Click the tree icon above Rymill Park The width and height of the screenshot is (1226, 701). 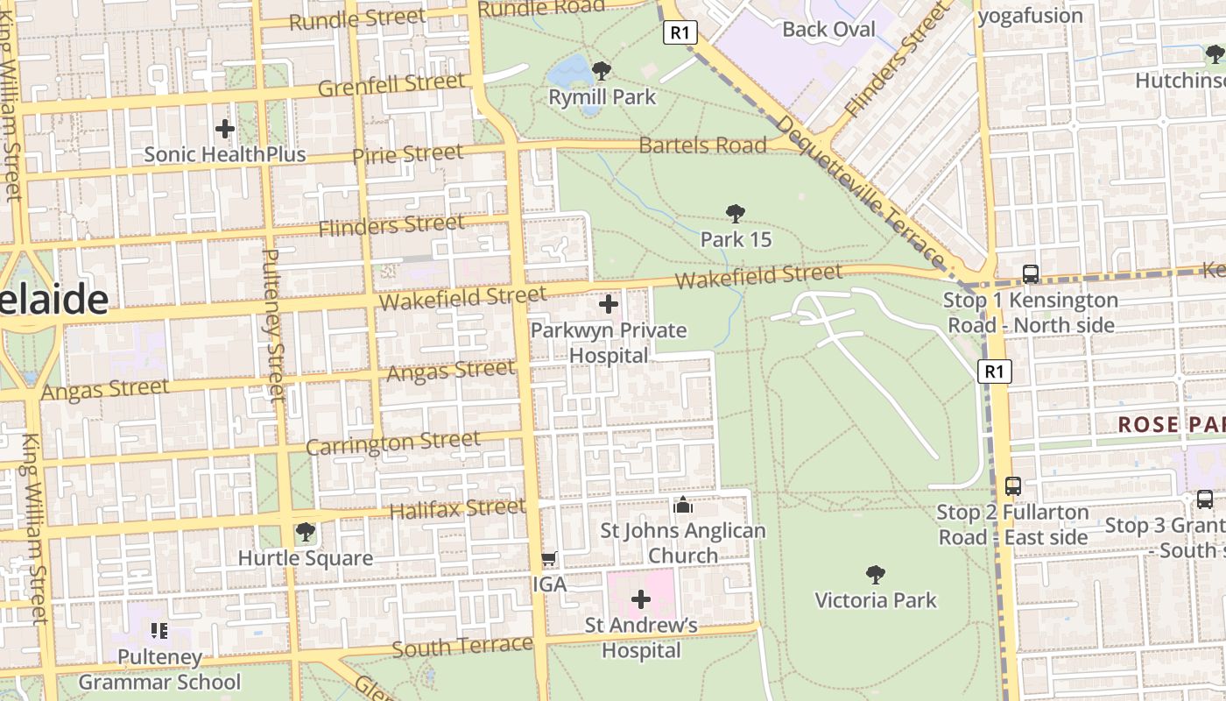(601, 71)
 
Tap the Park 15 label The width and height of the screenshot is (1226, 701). (736, 239)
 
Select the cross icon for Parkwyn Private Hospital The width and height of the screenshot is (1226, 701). (609, 305)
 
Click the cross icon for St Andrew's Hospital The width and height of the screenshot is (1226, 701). (641, 599)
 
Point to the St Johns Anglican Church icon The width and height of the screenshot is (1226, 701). (682, 506)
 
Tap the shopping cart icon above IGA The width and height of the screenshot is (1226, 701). (549, 558)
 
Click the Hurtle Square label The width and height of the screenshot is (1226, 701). (306, 558)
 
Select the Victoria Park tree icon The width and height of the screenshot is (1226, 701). (874, 575)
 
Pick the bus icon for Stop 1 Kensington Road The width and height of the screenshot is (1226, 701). (1031, 273)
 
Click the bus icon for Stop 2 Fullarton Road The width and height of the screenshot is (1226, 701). (1013, 485)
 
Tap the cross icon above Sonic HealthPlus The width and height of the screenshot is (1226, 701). (225, 129)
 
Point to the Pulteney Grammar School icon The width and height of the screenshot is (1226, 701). (159, 630)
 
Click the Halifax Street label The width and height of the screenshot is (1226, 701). (457, 508)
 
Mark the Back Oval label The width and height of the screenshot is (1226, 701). (828, 29)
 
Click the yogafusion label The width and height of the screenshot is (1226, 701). (1030, 16)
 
